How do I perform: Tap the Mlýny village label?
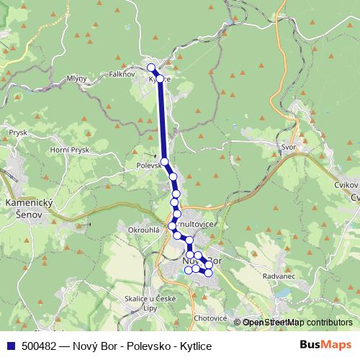76,78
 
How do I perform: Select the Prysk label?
17,132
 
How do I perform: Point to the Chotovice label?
210,318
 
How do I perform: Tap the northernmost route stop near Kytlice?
151,68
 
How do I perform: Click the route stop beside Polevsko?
165,161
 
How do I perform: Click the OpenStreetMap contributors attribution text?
297,323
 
